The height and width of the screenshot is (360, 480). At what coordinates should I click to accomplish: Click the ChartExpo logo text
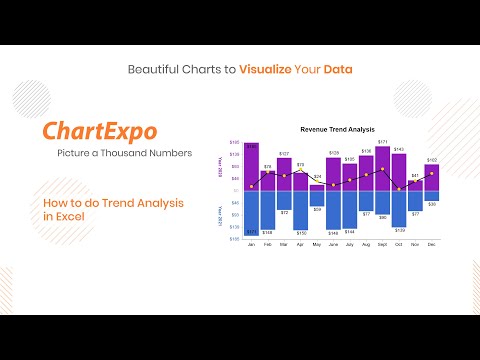99,132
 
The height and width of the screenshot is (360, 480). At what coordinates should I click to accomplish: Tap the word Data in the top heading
335,69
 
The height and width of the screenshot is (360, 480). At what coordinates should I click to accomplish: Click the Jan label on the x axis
251,245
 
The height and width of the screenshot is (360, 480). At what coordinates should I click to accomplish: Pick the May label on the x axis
316,245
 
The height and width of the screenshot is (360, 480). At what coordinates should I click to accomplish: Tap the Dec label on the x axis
431,245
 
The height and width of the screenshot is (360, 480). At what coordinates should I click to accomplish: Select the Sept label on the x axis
382,245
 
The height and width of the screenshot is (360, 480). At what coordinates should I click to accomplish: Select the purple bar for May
316,188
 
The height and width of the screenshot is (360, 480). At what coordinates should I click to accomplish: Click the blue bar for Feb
267,210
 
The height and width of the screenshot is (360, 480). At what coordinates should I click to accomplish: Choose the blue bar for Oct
398,208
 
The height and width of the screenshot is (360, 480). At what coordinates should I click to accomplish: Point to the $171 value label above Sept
382,144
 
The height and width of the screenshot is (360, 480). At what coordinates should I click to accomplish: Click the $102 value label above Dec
431,160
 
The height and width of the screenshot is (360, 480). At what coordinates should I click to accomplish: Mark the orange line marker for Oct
398,187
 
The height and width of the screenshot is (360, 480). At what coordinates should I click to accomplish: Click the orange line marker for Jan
251,186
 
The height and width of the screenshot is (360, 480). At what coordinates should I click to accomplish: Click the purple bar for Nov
415,185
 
